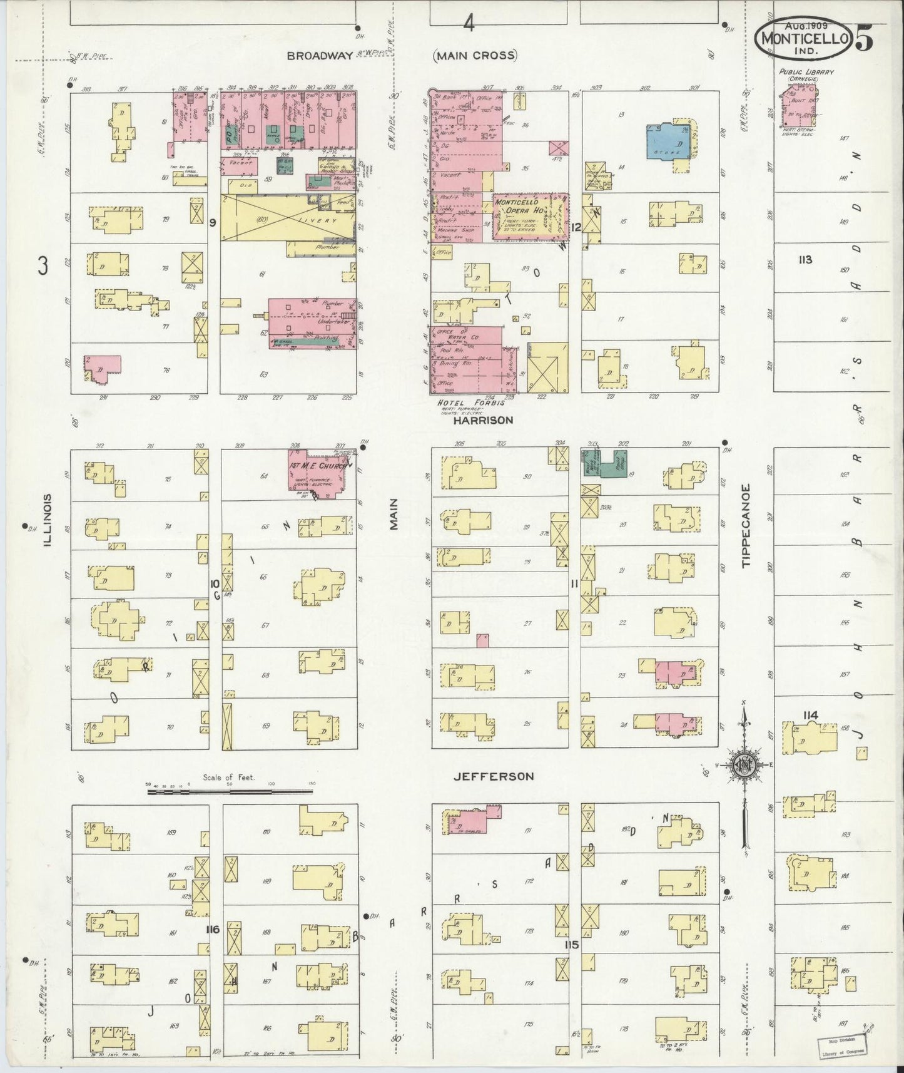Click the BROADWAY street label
pos(320,56)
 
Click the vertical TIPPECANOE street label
pos(746,526)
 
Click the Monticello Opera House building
pos(529,216)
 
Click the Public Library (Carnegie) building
pos(798,106)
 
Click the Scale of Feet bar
pos(230,792)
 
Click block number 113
pos(805,259)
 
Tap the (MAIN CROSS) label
pos(475,56)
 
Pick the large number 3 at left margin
pos(43,266)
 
